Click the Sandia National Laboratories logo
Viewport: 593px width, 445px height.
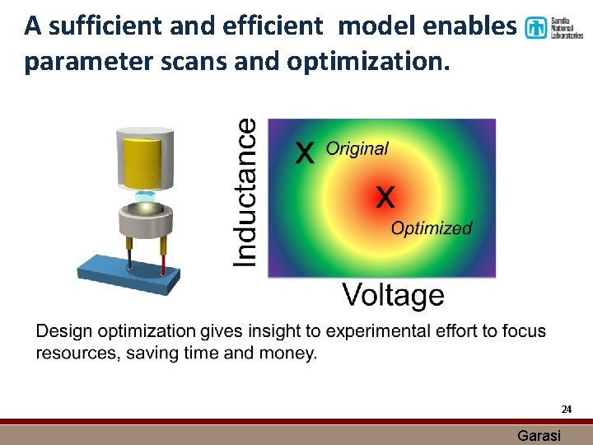553,28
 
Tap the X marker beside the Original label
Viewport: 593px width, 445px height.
305,152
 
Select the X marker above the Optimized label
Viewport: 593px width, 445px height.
385,197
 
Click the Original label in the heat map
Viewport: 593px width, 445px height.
357,149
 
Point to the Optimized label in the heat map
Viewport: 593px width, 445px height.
432,228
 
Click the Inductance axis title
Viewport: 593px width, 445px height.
246,192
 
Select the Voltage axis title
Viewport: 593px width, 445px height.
393,295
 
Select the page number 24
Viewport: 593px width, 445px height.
566,409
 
